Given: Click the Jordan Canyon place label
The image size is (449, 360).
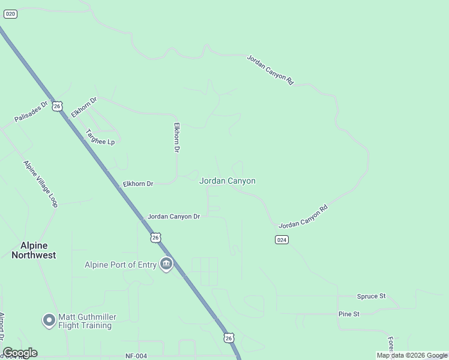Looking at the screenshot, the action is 228,181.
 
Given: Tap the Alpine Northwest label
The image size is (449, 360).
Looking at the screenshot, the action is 34,250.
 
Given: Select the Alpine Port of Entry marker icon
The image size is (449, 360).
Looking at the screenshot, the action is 166,264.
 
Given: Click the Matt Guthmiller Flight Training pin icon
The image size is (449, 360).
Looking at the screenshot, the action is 49,320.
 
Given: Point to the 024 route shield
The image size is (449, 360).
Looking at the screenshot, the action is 282,239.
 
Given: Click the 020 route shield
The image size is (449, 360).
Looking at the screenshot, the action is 10,13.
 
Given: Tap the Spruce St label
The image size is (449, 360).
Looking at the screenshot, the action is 371,296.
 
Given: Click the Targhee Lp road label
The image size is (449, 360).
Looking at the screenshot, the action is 100,137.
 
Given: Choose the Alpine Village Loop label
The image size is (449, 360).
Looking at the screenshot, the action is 40,184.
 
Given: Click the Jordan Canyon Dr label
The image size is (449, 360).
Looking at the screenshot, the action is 173,216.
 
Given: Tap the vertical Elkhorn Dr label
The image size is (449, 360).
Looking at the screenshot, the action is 177,137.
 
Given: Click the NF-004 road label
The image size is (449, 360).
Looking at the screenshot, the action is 136,356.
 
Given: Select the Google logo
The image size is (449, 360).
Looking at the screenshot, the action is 20,353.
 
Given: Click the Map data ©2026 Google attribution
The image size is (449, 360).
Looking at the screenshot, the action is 412,355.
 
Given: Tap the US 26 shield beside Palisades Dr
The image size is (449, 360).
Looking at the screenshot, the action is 57,106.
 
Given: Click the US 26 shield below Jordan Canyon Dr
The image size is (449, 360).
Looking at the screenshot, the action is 156,238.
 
